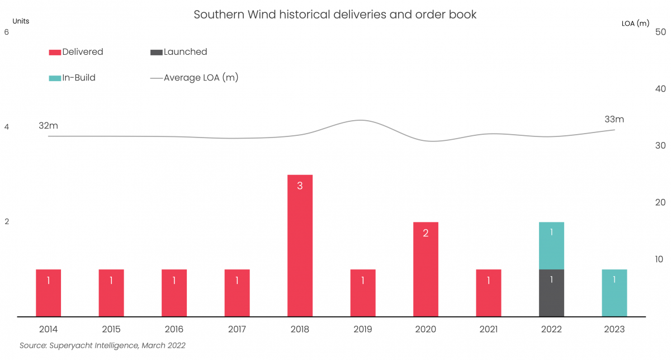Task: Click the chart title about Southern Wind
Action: pos(335,15)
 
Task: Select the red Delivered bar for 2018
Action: pos(300,246)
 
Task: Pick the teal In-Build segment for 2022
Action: pos(551,246)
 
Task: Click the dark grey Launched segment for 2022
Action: pos(551,293)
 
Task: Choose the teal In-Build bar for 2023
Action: pos(614,293)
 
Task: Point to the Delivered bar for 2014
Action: pos(49,293)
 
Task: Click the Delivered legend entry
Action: pos(76,52)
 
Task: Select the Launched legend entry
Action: pos(179,52)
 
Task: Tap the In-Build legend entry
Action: pos(72,78)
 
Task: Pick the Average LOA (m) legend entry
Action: pos(195,78)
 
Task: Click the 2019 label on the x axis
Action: pos(363,329)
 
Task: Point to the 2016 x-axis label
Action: pos(174,329)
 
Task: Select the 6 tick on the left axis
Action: pos(7,32)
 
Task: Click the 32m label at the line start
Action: pos(48,126)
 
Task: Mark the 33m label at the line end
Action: pos(614,120)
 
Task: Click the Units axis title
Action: pos(21,21)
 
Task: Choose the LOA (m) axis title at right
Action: pos(636,23)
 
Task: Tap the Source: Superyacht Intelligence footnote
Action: pos(102,345)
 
